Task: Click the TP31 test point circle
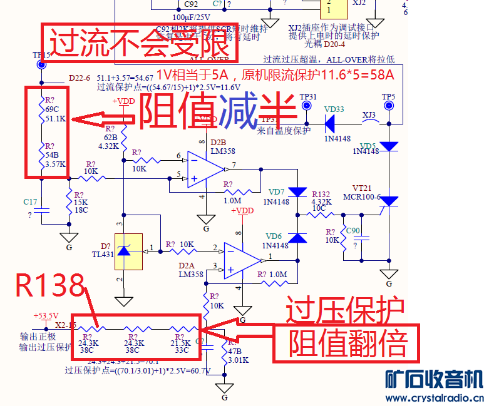(307, 106)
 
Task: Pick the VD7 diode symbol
(298, 192)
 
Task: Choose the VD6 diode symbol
(298, 237)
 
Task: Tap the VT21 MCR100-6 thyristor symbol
(389, 201)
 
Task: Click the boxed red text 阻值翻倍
(348, 343)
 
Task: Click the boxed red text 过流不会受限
(138, 42)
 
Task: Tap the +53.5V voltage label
(46, 316)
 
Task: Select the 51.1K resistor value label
(56, 119)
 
